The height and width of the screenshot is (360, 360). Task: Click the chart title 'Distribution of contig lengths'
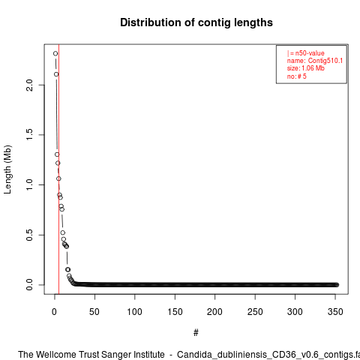point(196,22)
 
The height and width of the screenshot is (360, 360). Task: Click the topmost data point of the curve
point(55,53)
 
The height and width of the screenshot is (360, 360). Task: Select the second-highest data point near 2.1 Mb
point(56,74)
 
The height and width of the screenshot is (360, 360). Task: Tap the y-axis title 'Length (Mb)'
point(7,169)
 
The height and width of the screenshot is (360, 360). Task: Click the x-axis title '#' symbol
point(196,332)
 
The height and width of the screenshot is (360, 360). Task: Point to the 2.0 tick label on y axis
point(29,85)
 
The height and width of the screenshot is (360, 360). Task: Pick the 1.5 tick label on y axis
point(29,135)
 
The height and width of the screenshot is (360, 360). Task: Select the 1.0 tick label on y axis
point(29,184)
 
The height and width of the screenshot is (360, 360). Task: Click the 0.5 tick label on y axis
point(29,235)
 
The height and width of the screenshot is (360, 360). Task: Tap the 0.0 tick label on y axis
point(29,285)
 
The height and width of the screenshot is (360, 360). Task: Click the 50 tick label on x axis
point(94,312)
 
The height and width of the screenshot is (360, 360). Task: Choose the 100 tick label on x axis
point(134,312)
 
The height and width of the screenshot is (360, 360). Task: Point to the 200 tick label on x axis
point(214,312)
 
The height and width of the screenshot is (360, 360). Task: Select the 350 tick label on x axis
point(335,312)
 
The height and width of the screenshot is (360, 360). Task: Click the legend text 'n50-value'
point(310,53)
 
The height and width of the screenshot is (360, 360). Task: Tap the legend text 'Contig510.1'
point(325,61)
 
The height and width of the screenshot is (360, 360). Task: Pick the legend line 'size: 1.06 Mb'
point(306,68)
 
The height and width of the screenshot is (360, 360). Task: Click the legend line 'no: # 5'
point(296,76)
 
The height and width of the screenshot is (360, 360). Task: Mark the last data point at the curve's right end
point(337,285)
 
